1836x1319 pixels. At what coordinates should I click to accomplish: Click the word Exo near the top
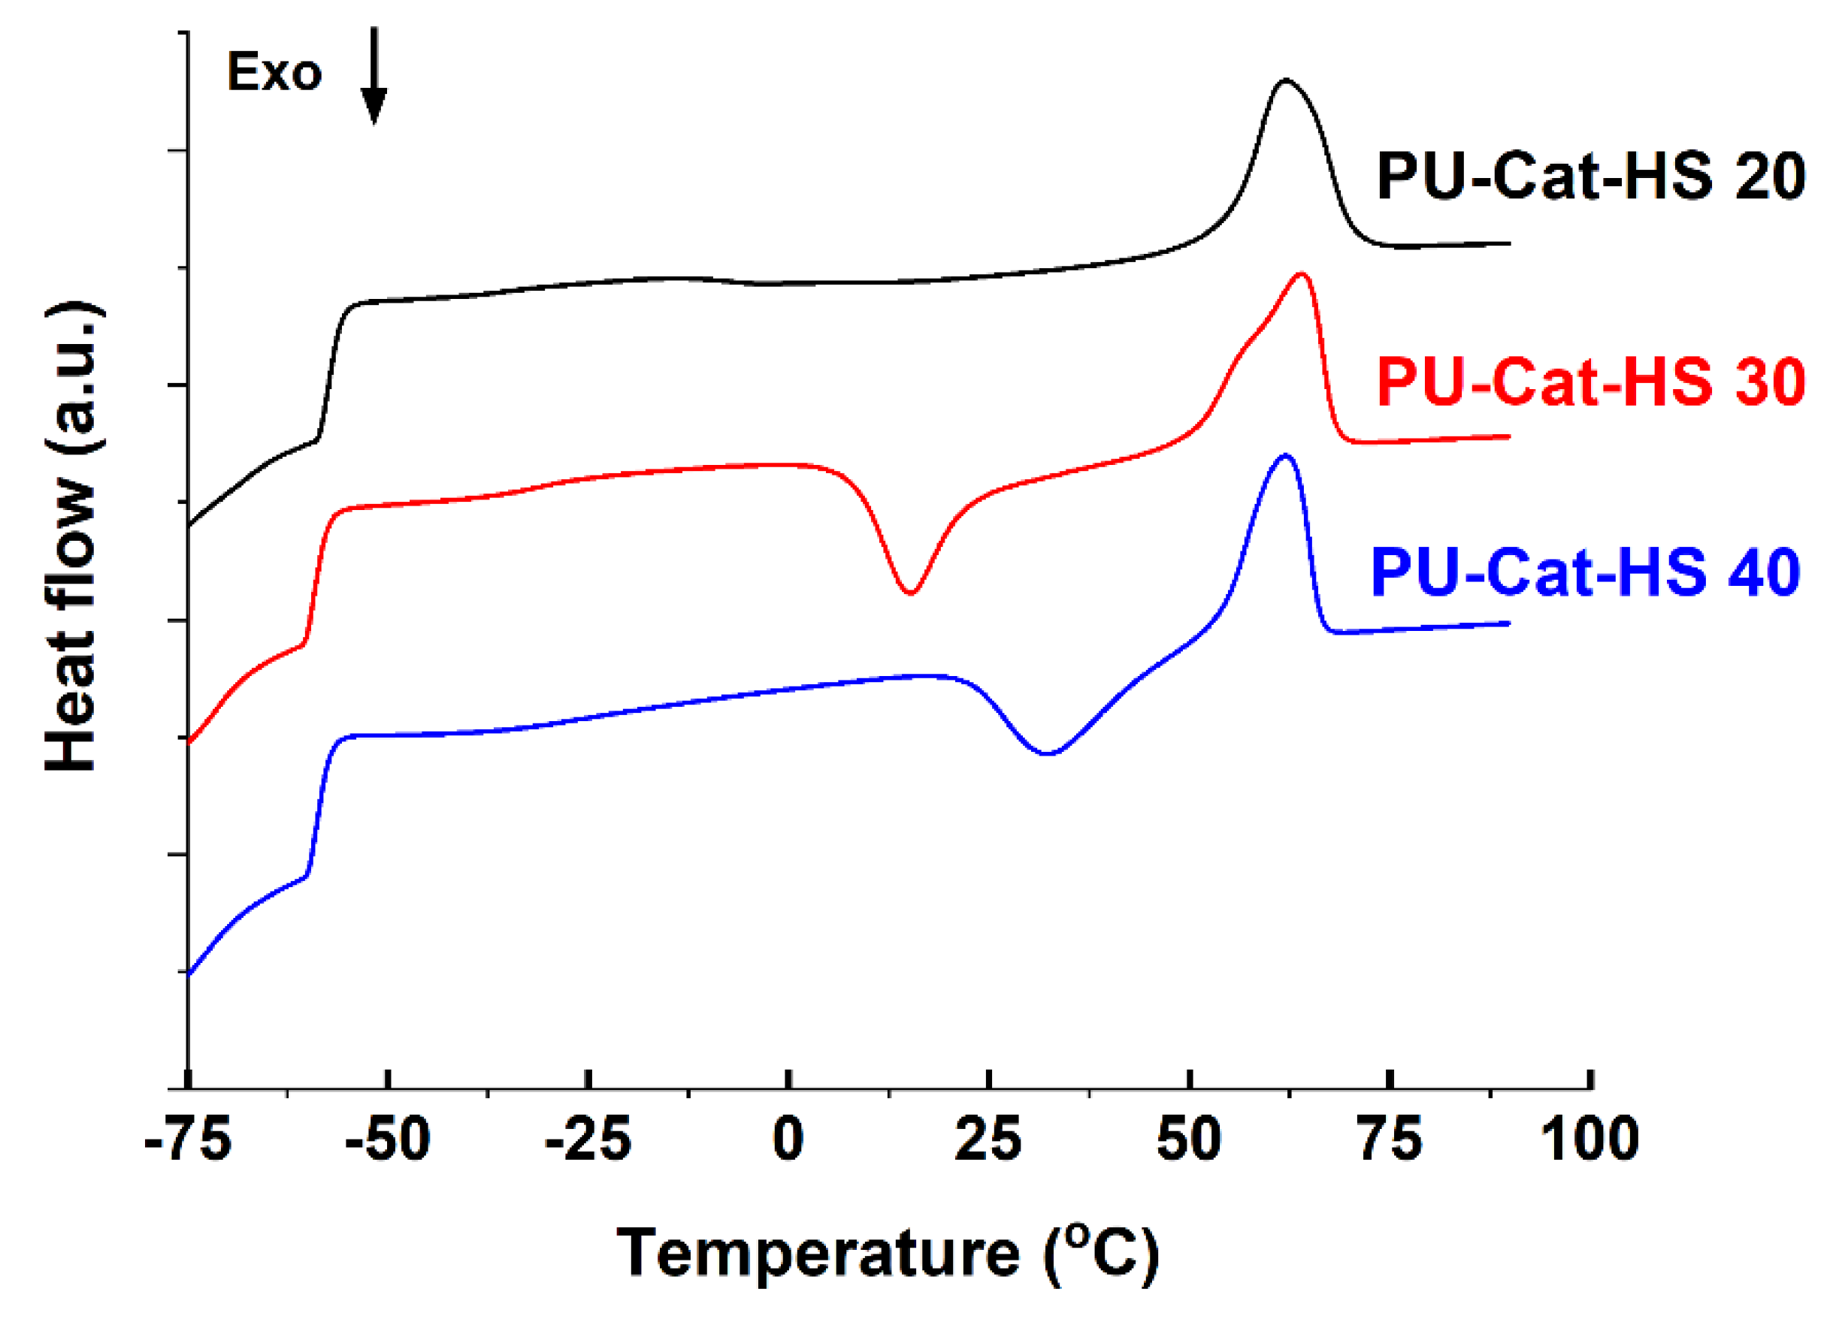click(x=274, y=73)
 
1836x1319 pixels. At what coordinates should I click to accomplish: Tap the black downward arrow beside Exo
click(x=374, y=77)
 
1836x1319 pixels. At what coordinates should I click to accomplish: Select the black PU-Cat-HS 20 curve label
click(x=1591, y=177)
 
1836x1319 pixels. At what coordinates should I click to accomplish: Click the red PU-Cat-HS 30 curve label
click(x=1591, y=381)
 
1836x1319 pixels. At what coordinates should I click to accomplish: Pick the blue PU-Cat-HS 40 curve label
click(x=1585, y=573)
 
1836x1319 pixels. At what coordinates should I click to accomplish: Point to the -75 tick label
click(x=188, y=1140)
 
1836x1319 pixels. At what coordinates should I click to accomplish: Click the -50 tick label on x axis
click(x=388, y=1140)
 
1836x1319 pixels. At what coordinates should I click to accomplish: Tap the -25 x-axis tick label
click(x=588, y=1140)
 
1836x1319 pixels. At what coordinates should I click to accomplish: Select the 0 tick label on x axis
click(x=788, y=1140)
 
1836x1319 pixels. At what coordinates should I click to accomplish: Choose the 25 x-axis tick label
click(x=988, y=1140)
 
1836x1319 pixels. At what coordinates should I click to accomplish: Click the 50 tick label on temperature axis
click(x=1188, y=1140)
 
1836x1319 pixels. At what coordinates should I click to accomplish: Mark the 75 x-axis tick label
click(x=1390, y=1140)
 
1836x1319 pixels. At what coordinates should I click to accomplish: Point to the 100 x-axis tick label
click(x=1589, y=1140)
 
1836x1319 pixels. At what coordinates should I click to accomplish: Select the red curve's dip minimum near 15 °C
click(x=911, y=593)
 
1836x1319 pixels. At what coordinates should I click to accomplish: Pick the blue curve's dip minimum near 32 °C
click(x=1048, y=753)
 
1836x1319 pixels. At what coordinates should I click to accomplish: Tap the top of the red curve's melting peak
click(x=1302, y=273)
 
